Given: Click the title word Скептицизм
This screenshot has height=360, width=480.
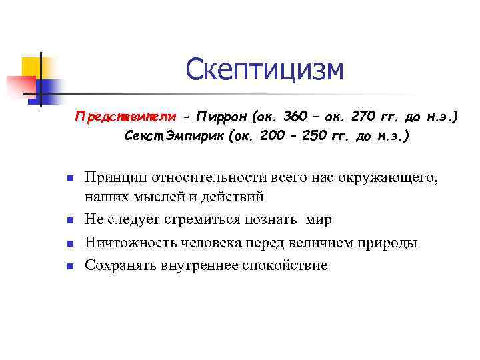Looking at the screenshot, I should pyautogui.click(x=265, y=70).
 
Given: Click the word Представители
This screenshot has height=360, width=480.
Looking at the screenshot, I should pyautogui.click(x=126, y=117).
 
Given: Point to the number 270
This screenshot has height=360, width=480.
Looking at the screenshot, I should pyautogui.click(x=363, y=117).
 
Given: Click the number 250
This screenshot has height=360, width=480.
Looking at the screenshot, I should pyautogui.click(x=312, y=137).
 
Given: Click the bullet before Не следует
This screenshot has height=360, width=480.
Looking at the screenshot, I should pyautogui.click(x=69, y=221).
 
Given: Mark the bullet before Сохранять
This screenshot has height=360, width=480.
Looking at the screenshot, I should pyautogui.click(x=69, y=266).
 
